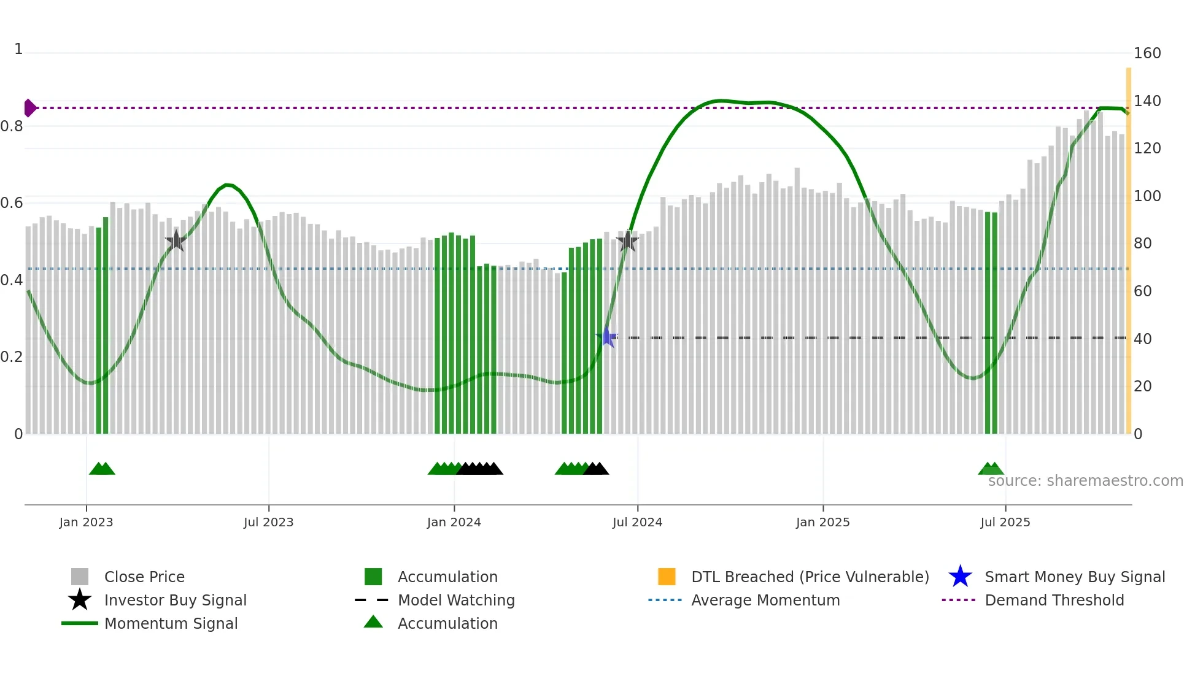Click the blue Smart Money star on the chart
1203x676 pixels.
[607, 337]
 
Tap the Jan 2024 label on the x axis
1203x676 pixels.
[454, 522]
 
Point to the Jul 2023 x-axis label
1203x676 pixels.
[268, 522]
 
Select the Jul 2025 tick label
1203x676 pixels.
[1005, 522]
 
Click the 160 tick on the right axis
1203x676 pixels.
[1147, 53]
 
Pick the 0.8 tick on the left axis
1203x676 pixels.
[12, 126]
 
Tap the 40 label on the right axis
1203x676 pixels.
[1142, 339]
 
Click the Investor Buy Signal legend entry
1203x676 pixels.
[175, 600]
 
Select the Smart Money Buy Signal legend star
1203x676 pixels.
[960, 577]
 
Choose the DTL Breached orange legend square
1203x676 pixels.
[667, 577]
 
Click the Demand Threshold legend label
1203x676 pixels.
[1054, 600]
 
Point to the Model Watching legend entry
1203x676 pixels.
[455, 600]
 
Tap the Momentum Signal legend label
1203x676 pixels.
[171, 623]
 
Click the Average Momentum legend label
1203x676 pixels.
[765, 600]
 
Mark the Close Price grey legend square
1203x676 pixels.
[80, 577]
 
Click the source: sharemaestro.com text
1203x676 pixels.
[1085, 480]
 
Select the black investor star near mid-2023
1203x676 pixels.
[176, 240]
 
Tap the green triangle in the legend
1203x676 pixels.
[373, 622]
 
